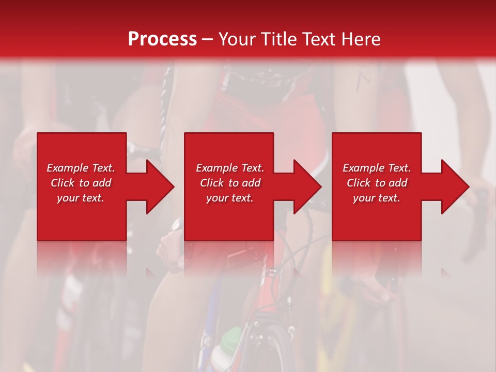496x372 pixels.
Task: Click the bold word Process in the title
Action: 162,39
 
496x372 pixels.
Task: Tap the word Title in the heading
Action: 277,39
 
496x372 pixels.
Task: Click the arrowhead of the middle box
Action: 304,187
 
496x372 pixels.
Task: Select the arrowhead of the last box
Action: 452,187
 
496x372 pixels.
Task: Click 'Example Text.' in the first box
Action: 81,168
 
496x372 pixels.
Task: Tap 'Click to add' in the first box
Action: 81,183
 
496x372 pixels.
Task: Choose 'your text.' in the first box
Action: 81,198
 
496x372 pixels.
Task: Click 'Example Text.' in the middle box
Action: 230,168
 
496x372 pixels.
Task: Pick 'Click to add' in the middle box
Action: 230,183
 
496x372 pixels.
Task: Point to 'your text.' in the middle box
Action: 230,198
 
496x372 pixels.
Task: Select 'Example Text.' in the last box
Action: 377,168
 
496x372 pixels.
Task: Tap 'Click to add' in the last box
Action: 377,183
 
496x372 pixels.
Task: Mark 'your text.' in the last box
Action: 377,198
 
